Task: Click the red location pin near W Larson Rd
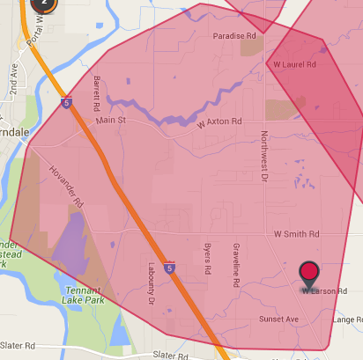coord(309,273)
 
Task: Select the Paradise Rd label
coord(234,36)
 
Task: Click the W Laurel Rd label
coord(294,64)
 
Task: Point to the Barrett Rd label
coord(97,92)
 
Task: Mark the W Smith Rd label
coord(295,235)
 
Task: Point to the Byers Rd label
coord(208,259)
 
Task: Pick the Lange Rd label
coord(348,320)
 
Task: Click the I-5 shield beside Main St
coord(67,103)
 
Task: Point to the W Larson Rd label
coord(325,290)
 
